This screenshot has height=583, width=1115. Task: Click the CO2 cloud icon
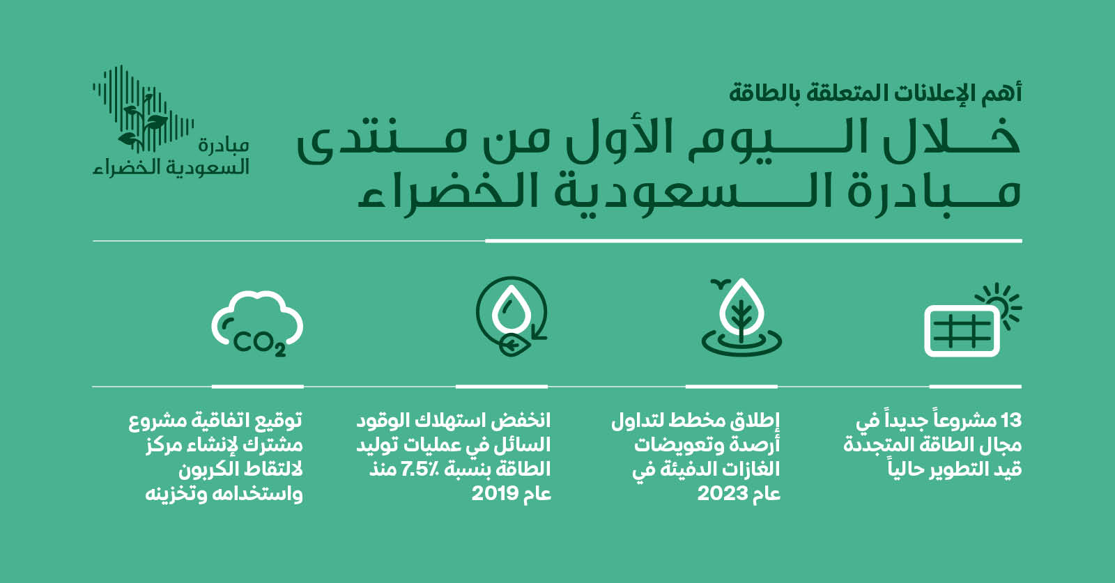point(257,323)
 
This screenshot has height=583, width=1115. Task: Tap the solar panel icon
point(962,331)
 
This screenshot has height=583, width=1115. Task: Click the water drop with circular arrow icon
point(512,316)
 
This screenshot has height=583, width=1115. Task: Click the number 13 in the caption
point(1010,421)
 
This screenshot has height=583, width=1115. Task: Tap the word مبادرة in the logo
point(224,146)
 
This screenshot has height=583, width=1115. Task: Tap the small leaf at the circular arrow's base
point(511,345)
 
